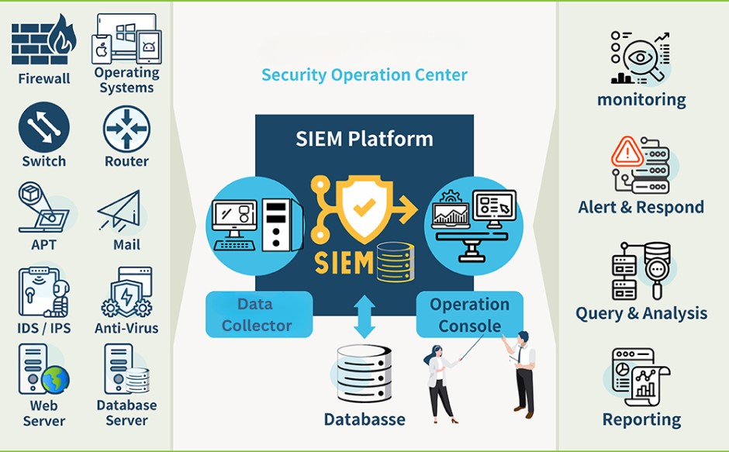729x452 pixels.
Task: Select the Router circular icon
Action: tap(126, 129)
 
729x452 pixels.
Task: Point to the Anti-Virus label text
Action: tap(126, 328)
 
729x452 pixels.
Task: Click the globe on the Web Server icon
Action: tap(55, 380)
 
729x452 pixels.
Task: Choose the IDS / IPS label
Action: tap(44, 328)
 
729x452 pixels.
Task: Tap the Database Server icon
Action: tap(126, 370)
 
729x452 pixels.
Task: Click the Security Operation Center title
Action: tap(364, 75)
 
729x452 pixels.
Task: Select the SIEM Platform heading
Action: tap(364, 140)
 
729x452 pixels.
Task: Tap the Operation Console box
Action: tap(469, 314)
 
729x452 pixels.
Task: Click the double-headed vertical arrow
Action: tap(364, 315)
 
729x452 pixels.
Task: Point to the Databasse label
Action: tap(364, 419)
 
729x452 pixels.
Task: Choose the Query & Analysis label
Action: tap(641, 313)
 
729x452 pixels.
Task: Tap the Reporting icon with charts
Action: tap(641, 377)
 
